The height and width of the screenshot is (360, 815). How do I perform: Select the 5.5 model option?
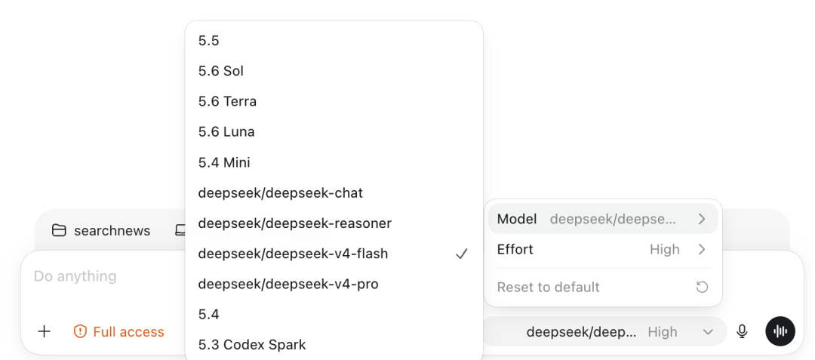208,41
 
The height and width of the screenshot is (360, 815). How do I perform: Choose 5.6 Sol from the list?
221,71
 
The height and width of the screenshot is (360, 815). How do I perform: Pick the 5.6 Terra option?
227,101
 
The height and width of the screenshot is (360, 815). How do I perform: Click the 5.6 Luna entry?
226,132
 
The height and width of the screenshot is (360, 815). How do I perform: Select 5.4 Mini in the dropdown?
224,162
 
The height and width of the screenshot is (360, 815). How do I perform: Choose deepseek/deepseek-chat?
280,193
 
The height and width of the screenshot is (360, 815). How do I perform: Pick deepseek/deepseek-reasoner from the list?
295,223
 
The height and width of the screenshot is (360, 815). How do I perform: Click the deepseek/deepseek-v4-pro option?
288,285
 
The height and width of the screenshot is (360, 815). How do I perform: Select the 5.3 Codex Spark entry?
252,344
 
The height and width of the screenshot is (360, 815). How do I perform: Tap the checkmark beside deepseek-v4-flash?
462,254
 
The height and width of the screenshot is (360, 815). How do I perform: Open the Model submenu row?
603,219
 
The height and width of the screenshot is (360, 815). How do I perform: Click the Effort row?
603,249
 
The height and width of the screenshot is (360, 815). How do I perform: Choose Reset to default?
549,287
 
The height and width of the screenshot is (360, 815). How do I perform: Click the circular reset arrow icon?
703,288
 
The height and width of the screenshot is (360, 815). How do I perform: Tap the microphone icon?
743,331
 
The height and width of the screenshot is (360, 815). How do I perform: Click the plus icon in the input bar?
45,331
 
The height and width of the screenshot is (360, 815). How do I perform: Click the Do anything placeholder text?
75,276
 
